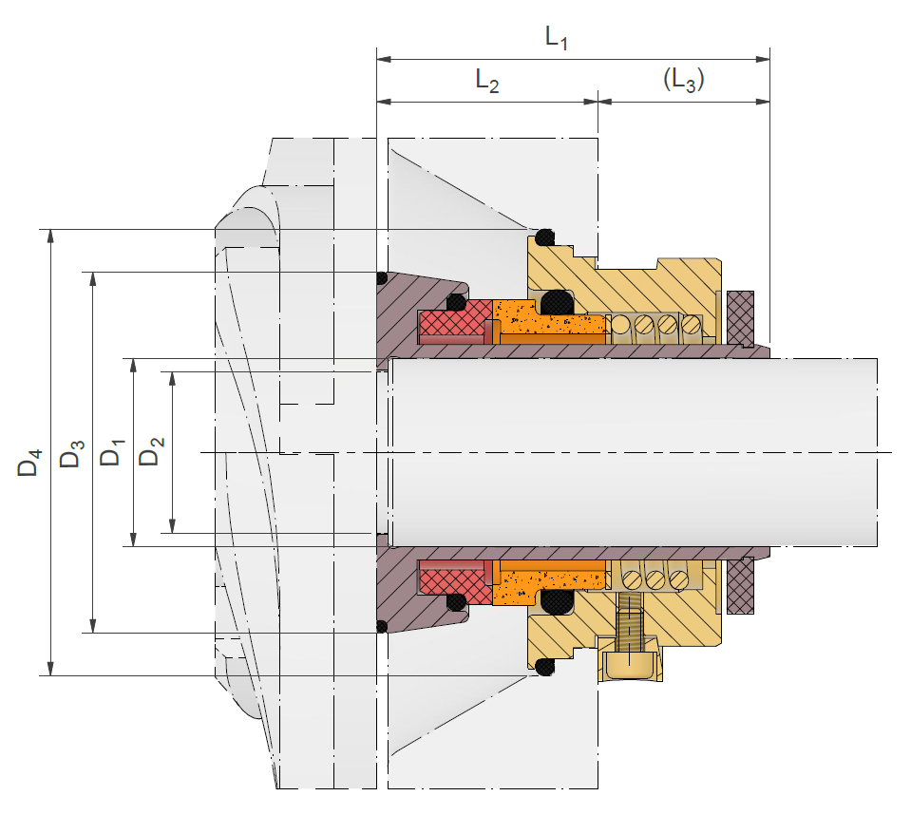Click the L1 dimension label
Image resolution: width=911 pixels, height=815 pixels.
click(556, 38)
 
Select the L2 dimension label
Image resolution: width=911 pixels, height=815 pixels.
click(487, 80)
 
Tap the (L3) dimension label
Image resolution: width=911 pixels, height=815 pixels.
click(684, 80)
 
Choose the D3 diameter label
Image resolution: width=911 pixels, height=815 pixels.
click(72, 454)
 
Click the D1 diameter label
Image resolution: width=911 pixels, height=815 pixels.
click(111, 452)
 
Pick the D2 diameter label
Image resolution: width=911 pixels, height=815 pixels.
click(151, 451)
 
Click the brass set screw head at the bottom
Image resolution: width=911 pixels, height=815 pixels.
click(631, 664)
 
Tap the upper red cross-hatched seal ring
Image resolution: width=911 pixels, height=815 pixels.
click(455, 321)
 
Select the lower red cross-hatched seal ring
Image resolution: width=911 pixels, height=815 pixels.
click(455, 582)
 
